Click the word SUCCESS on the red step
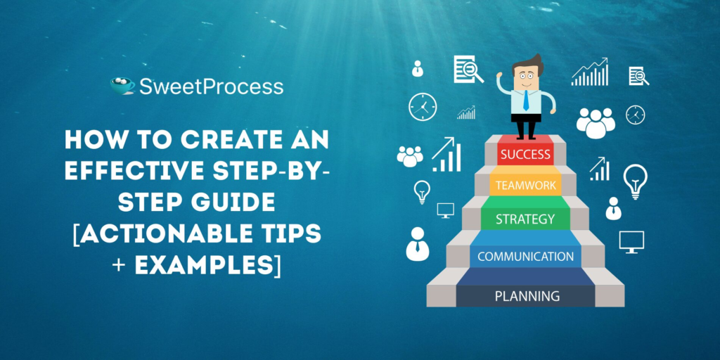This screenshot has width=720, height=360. (x=525, y=155)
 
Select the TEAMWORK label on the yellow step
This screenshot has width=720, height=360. (x=525, y=186)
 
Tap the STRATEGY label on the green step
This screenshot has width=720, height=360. (x=525, y=219)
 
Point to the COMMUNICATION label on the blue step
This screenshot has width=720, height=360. (x=525, y=256)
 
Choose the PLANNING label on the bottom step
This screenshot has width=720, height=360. (x=527, y=296)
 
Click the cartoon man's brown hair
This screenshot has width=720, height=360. (x=528, y=64)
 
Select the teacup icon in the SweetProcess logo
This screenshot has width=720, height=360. (x=122, y=86)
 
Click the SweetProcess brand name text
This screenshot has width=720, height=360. (x=211, y=86)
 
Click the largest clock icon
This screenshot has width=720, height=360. (x=423, y=107)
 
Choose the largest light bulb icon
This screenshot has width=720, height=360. (x=635, y=181)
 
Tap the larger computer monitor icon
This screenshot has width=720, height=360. (x=631, y=242)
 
